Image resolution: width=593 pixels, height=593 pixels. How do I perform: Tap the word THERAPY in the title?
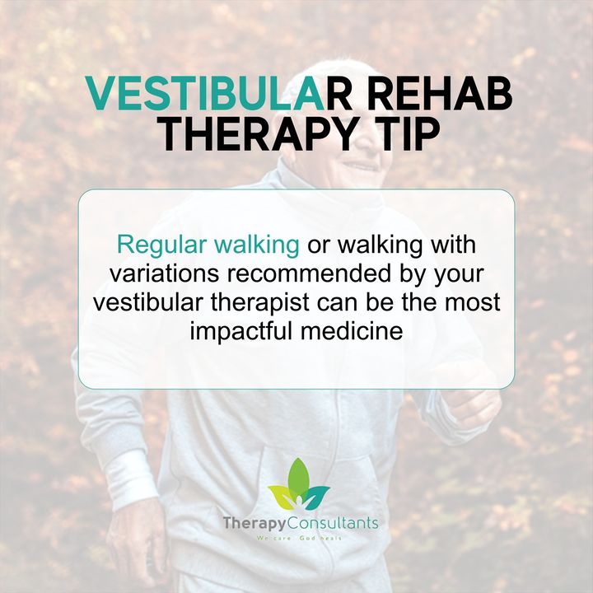[x=259, y=135]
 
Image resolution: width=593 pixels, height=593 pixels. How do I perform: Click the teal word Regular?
[x=162, y=245]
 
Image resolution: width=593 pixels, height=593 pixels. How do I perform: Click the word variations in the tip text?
[x=164, y=273]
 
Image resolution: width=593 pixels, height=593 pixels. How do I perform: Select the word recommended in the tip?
[x=308, y=273]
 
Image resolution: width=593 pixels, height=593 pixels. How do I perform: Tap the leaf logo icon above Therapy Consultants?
[x=298, y=484]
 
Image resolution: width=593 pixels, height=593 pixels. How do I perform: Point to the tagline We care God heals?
[x=299, y=538]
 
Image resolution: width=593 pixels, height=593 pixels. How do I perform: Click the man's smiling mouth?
[x=359, y=165]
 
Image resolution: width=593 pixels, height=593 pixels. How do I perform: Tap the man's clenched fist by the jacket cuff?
[x=476, y=408]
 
